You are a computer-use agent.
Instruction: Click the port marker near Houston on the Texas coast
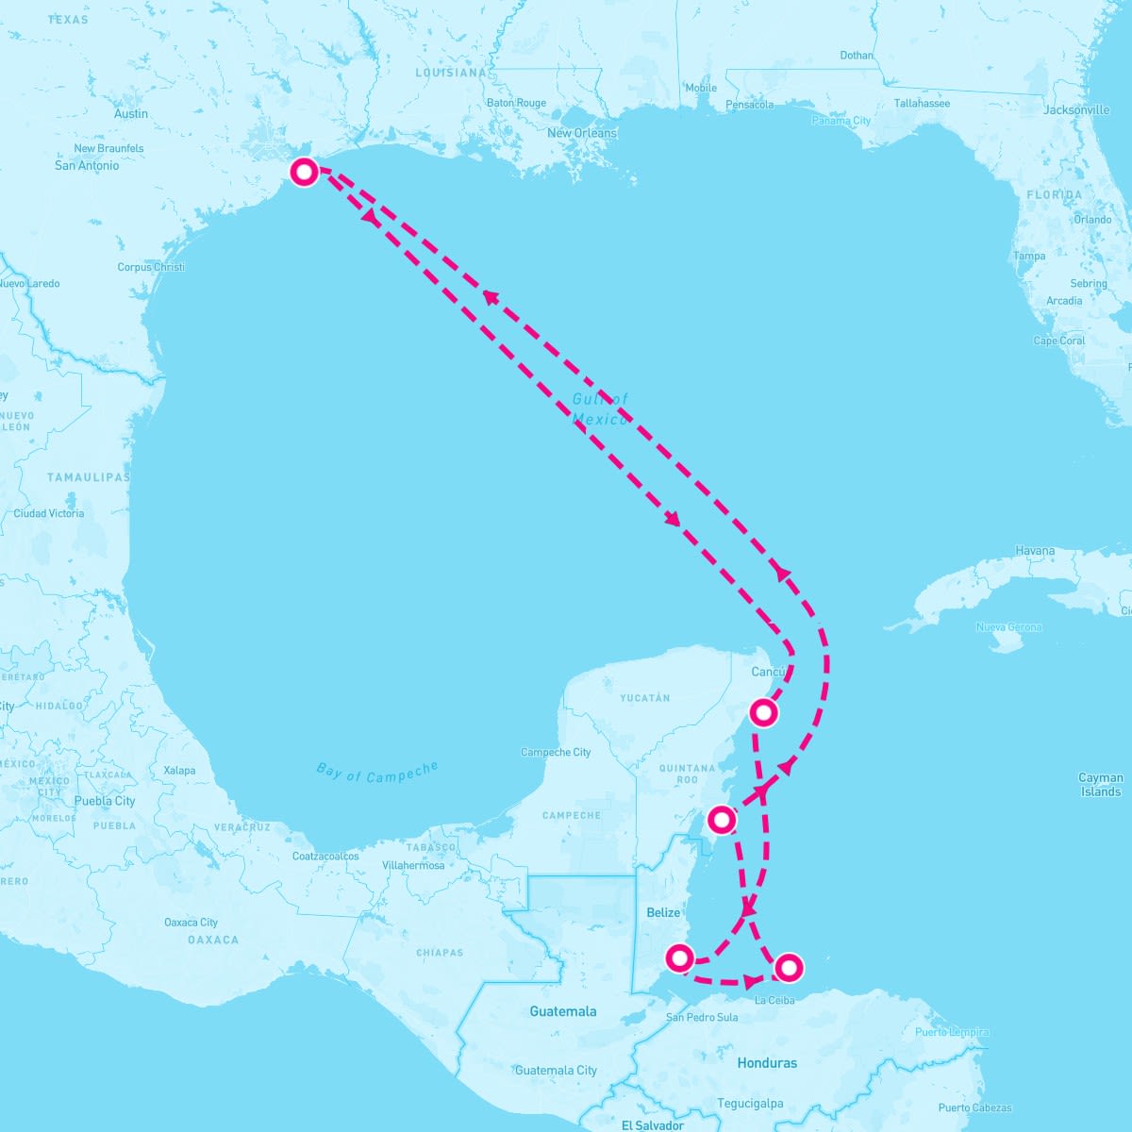pos(304,172)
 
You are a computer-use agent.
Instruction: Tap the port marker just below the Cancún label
pos(763,712)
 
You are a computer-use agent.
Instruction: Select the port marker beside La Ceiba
pos(789,967)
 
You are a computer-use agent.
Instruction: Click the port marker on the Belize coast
pos(679,958)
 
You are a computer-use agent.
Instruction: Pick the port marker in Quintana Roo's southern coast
pos(721,820)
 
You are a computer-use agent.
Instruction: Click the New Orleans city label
pos(582,133)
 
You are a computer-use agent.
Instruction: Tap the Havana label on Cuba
pos(1035,551)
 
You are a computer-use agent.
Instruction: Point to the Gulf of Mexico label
pos(600,409)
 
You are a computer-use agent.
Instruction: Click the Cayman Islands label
pos(1101,785)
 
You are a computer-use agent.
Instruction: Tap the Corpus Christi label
pos(151,267)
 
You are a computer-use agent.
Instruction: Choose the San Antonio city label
pos(87,165)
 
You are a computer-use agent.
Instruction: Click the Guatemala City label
pos(556,1071)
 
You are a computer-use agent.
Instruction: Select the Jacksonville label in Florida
pos(1076,110)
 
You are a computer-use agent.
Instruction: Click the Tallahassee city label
pos(922,104)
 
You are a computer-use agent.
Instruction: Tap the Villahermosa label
pos(413,865)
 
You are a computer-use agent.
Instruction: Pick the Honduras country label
pos(767,1063)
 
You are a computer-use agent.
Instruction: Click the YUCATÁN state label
pos(644,698)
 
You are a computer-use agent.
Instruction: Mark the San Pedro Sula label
pos(702,1017)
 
